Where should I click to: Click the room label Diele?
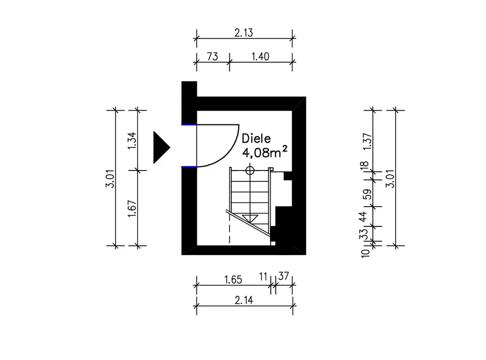pyautogui.click(x=256, y=138)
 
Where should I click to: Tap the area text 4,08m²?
pyautogui.click(x=265, y=152)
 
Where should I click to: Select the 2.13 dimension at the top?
pyautogui.click(x=243, y=33)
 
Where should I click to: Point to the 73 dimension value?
pyautogui.click(x=212, y=56)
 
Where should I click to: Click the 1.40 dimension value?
pyautogui.click(x=260, y=56)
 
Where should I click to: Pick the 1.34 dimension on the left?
pyautogui.click(x=132, y=141)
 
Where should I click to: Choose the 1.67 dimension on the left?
pyautogui.click(x=132, y=208)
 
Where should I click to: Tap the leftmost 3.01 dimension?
pyautogui.click(x=111, y=178)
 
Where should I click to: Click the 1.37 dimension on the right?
pyautogui.click(x=367, y=141)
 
